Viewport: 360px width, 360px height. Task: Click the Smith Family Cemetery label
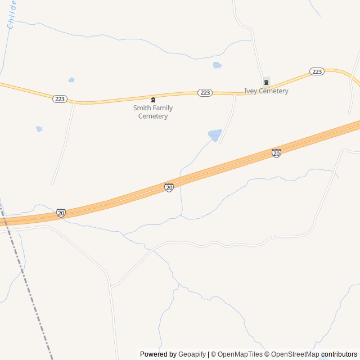(153, 112)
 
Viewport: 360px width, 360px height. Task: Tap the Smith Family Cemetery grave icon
(153, 100)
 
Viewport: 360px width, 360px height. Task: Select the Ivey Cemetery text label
(266, 91)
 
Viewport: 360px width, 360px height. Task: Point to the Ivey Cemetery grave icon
(266, 82)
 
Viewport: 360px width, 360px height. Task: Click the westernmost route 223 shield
(60, 99)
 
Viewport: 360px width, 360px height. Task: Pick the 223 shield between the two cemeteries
(205, 93)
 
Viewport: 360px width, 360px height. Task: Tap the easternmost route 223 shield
(317, 71)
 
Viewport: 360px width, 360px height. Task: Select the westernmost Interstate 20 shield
(61, 213)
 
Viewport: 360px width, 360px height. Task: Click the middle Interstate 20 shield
(169, 187)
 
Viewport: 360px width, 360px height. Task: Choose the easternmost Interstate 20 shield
(276, 153)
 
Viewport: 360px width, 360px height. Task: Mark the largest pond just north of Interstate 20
(214, 135)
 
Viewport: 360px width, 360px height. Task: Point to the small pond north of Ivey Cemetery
(217, 65)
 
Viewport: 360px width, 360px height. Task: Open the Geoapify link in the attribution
(192, 354)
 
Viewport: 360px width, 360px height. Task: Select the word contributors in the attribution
(339, 354)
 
